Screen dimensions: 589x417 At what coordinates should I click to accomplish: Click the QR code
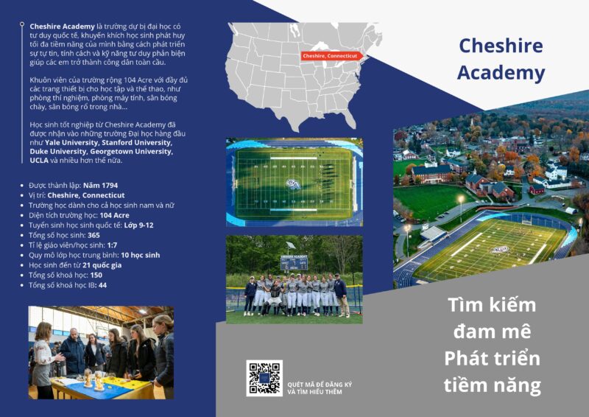[x=264, y=378]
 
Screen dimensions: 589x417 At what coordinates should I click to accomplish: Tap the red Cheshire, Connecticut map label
[x=331, y=56]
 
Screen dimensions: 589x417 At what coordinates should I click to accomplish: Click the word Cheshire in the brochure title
[x=501, y=46]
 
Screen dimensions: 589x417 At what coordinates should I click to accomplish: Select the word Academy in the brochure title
[x=501, y=73]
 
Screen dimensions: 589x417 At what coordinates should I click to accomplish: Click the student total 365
[x=94, y=235]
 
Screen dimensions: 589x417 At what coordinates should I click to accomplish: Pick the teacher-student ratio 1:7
[x=112, y=245]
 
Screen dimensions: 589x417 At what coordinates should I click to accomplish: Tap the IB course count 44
[x=102, y=285]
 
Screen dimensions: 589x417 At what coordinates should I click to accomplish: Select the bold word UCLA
[x=39, y=160]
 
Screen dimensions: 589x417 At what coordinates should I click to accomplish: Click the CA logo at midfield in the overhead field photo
[x=293, y=184]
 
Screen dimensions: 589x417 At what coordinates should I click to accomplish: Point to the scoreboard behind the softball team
[x=294, y=263]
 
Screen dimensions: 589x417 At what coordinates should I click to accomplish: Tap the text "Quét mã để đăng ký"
[x=320, y=385]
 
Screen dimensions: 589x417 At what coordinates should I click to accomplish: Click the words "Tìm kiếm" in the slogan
[x=492, y=304]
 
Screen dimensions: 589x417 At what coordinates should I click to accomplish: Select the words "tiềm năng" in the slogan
[x=492, y=385]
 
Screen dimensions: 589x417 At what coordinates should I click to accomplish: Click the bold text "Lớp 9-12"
[x=138, y=225]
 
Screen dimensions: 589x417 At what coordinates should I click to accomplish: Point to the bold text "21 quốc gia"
[x=102, y=265]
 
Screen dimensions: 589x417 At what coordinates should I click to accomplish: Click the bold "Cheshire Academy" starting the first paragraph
[x=62, y=27]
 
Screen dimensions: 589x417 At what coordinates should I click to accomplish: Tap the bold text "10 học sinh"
[x=141, y=255]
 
